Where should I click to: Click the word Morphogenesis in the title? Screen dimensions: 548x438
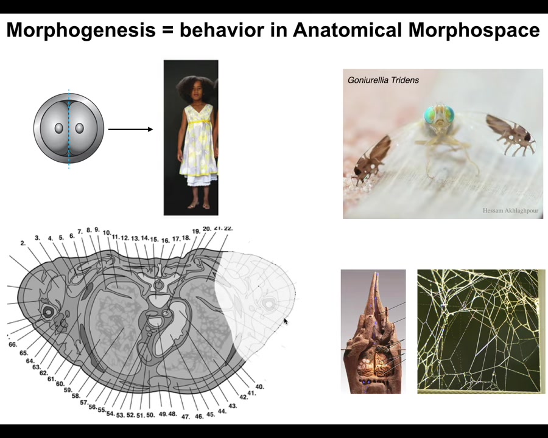pyautogui.click(x=81, y=30)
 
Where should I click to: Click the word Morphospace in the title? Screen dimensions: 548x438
pyautogui.click(x=474, y=30)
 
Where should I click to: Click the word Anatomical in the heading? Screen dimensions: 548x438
pyautogui.click(x=348, y=29)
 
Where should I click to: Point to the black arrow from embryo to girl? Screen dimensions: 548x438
pyautogui.click(x=130, y=129)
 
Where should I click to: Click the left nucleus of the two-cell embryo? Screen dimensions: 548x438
pyautogui.click(x=58, y=128)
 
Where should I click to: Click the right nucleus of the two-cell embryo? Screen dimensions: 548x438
pyautogui.click(x=80, y=128)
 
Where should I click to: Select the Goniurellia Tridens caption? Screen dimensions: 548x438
pyautogui.click(x=383, y=80)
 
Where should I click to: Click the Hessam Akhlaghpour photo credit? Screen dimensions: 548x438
pyautogui.click(x=510, y=210)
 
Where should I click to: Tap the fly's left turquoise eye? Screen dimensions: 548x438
pyautogui.click(x=430, y=114)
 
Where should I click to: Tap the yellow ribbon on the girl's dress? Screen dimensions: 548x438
pyautogui.click(x=198, y=122)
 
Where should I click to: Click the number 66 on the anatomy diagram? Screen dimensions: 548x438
pyautogui.click(x=13, y=344)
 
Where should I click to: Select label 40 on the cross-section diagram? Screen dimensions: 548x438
pyautogui.click(x=259, y=387)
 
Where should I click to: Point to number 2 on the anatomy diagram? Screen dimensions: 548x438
pyautogui.click(x=23, y=243)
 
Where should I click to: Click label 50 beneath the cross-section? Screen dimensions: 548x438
pyautogui.click(x=150, y=415)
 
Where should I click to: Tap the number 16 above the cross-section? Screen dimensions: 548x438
pyautogui.click(x=165, y=240)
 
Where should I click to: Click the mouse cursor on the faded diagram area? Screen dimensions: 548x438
pyautogui.click(x=286, y=321)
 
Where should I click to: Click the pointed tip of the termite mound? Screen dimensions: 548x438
pyautogui.click(x=376, y=273)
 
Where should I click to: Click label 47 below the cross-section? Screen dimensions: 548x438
pyautogui.click(x=185, y=417)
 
